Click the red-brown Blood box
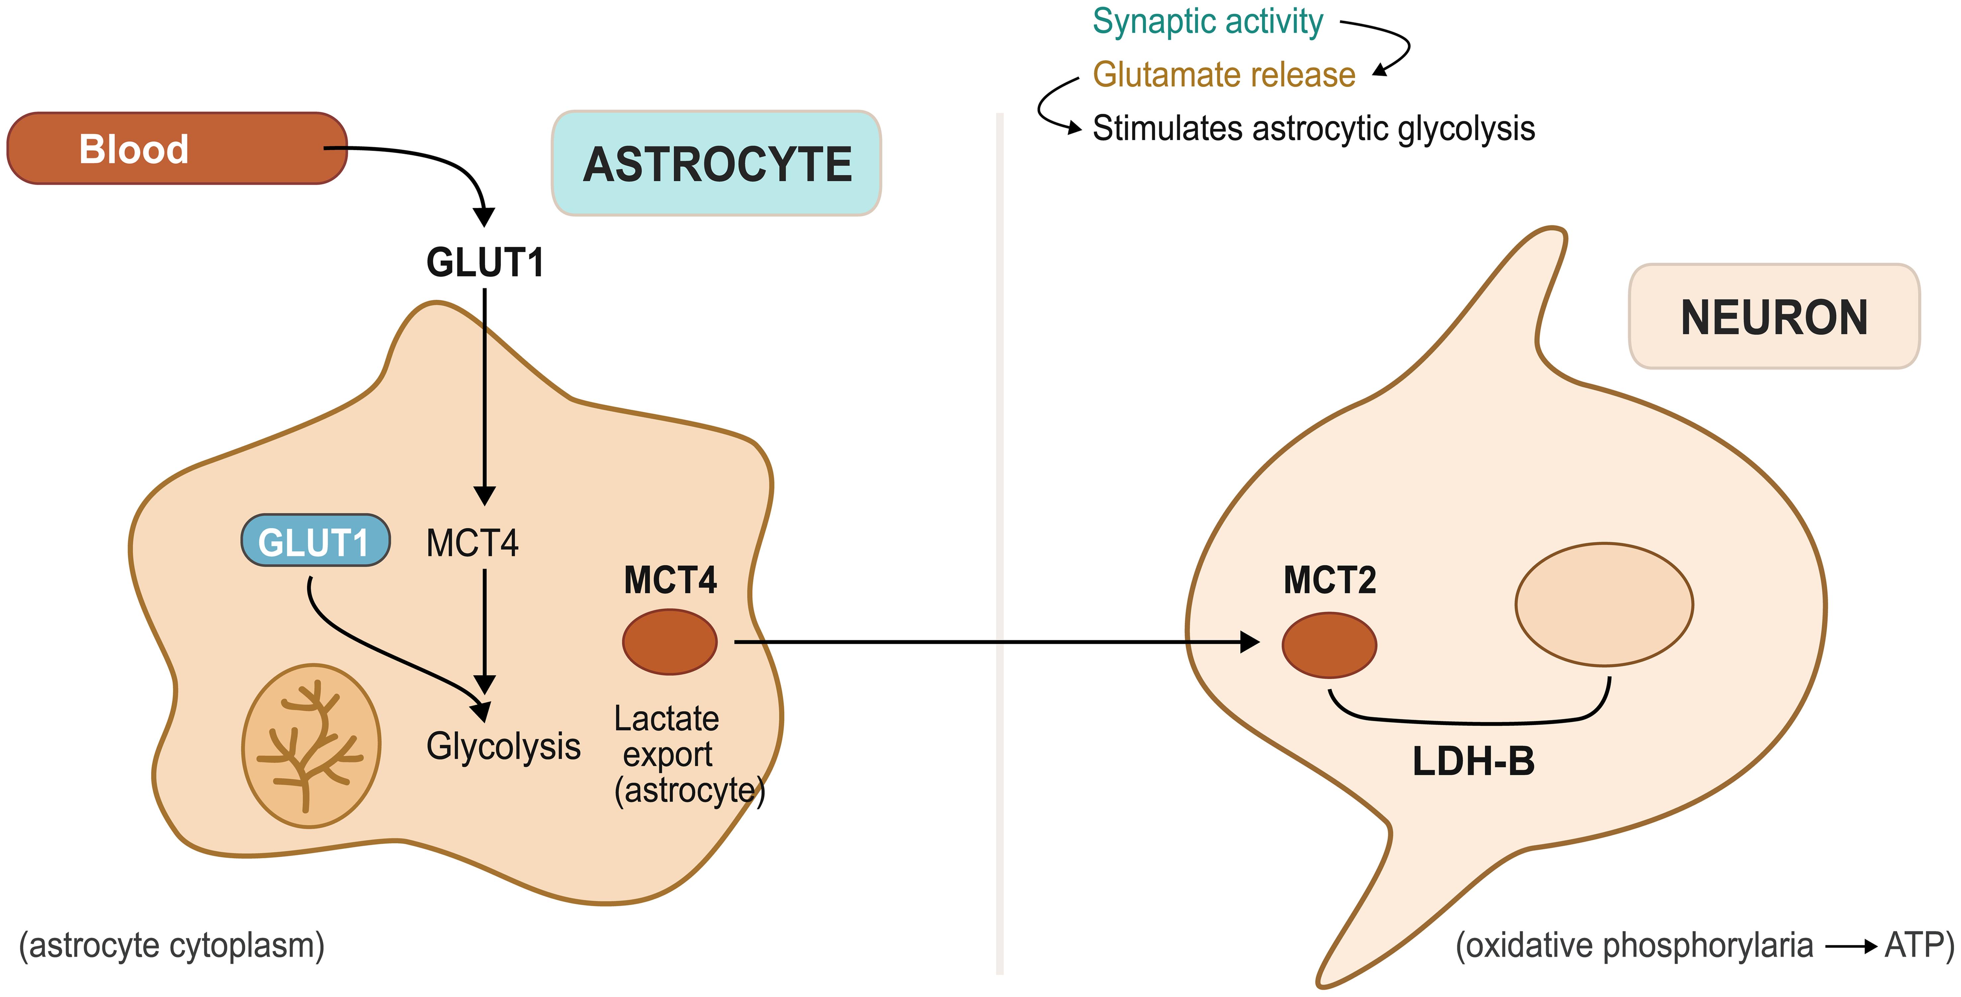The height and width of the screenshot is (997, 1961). pos(177,148)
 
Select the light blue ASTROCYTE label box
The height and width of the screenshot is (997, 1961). pos(716,164)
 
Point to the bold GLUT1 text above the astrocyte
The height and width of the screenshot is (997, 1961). pos(485,263)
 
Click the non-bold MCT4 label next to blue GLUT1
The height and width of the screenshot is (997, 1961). pos(472,543)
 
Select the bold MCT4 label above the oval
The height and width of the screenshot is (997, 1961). pos(670,580)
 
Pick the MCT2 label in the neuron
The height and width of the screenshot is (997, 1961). pos(1329,580)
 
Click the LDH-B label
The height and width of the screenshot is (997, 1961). pos(1473,761)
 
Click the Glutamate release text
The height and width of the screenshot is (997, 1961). pos(1223,75)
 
